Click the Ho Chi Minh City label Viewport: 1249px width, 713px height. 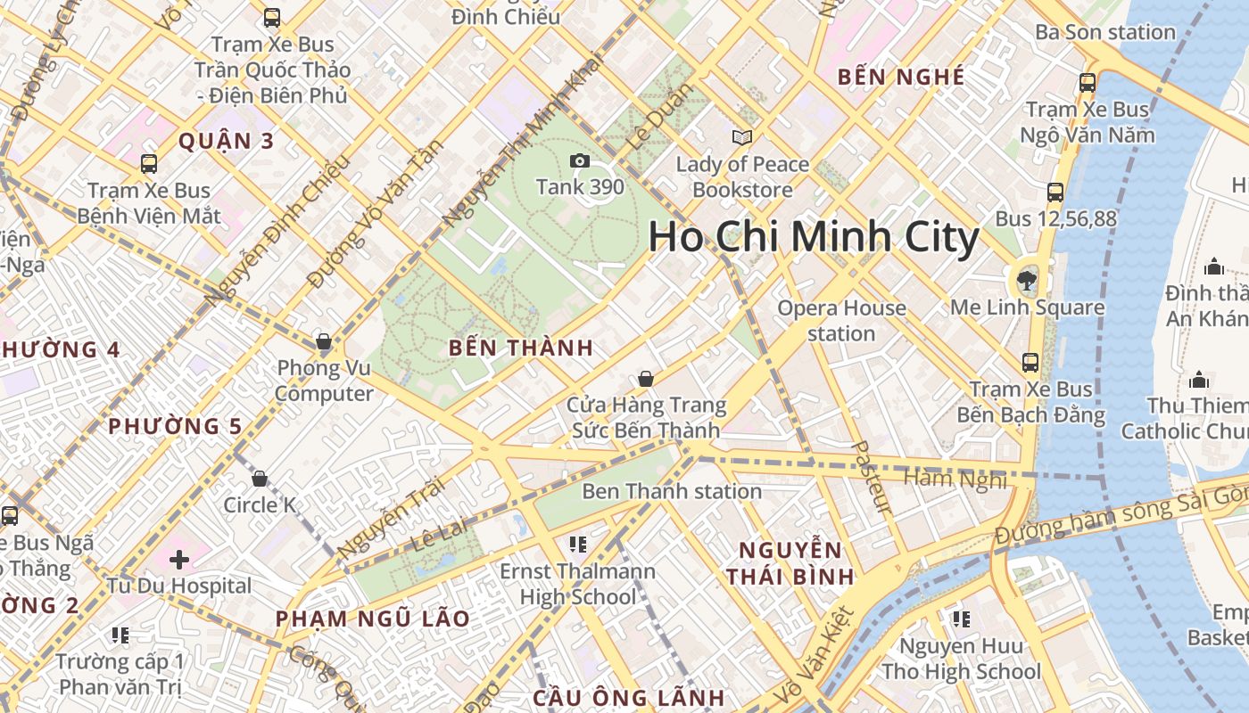[813, 238]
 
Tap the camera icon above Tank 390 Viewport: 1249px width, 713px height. [580, 160]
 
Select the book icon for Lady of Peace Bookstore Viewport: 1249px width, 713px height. [742, 137]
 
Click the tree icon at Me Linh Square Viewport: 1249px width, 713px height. [1027, 281]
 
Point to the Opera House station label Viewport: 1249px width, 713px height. [841, 321]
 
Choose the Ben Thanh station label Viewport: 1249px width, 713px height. [671, 491]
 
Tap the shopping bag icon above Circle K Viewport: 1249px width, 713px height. [260, 479]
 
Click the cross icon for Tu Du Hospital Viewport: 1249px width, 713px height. [179, 560]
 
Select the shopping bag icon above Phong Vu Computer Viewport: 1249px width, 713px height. [324, 341]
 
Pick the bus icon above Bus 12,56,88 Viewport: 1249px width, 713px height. [1055, 192]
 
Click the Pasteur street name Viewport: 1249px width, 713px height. [871, 477]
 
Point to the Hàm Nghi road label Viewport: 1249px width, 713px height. [955, 479]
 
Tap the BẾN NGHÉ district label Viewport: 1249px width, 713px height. [901, 77]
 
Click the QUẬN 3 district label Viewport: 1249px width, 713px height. [226, 141]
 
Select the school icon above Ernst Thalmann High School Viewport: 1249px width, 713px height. [577, 544]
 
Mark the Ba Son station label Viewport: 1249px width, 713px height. [1104, 32]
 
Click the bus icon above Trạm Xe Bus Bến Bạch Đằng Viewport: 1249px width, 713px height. [1030, 363]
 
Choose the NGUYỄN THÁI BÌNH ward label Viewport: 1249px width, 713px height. [790, 563]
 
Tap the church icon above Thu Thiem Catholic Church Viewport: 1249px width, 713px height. [1199, 380]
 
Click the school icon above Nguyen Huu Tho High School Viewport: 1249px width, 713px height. [961, 619]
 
